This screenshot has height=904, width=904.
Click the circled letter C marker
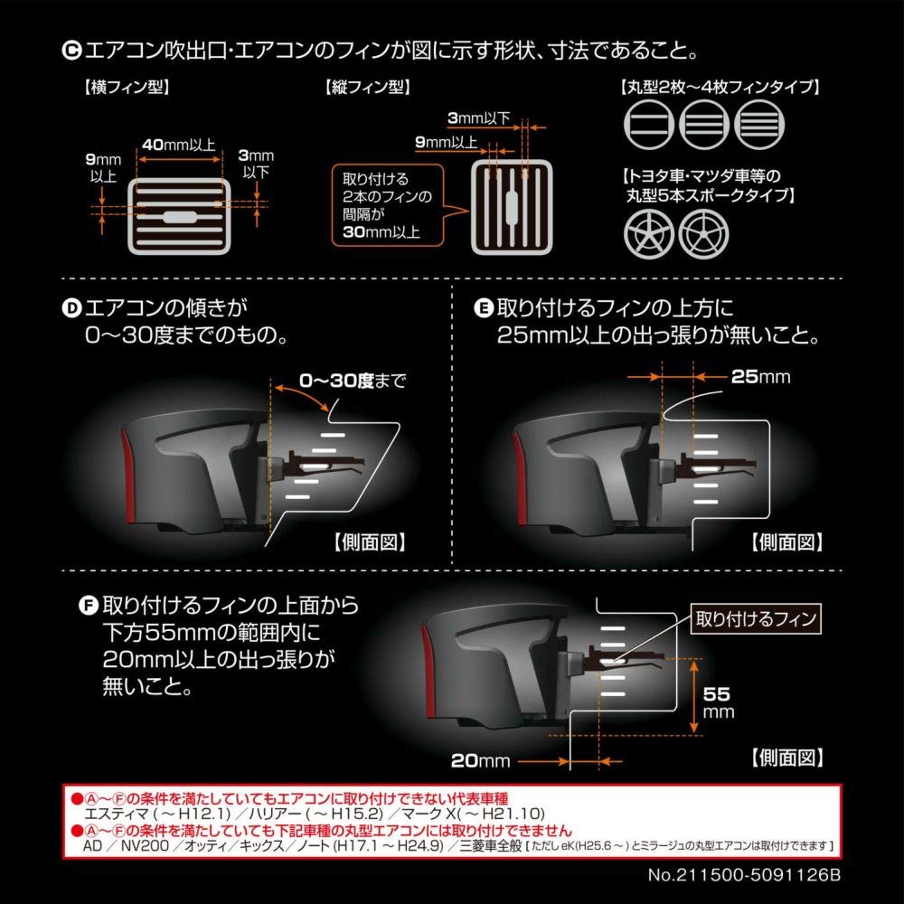(x=71, y=51)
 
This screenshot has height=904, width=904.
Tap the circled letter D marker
(x=71, y=308)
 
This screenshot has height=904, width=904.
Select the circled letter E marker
(x=483, y=308)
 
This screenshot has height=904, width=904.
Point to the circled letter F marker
(x=89, y=606)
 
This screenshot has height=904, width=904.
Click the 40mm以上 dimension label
(x=179, y=145)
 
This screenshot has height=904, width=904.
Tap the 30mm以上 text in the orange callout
(x=381, y=232)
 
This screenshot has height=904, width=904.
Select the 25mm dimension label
(x=761, y=376)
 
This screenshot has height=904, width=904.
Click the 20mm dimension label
(x=480, y=761)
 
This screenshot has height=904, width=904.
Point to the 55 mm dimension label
(x=718, y=702)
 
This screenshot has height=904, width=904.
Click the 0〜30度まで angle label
(x=353, y=381)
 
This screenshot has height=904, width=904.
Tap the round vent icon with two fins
(x=648, y=125)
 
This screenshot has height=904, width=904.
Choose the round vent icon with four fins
(x=760, y=125)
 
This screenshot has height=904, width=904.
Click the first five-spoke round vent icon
(x=648, y=234)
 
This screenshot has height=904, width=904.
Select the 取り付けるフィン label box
(x=756, y=618)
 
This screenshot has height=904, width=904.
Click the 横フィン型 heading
(x=127, y=88)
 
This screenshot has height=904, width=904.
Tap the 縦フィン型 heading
(x=368, y=88)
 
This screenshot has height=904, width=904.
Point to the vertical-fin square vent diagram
(x=512, y=208)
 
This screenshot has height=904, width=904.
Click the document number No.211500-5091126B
(x=744, y=875)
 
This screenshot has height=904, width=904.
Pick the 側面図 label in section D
(x=370, y=541)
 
